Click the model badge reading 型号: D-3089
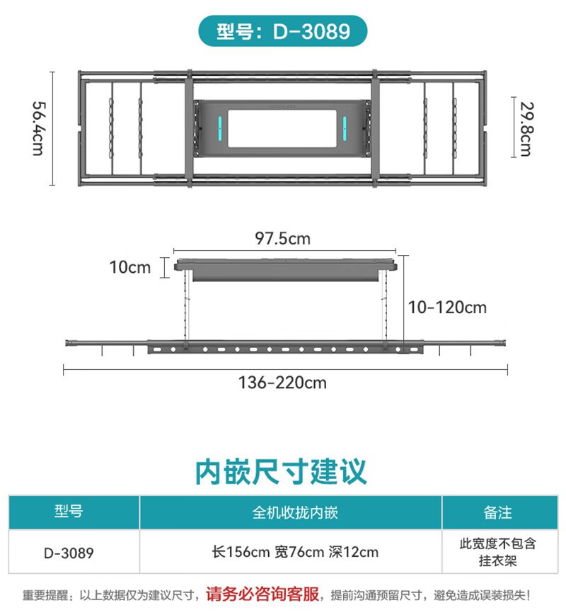point(283,31)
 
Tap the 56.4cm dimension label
point(38,129)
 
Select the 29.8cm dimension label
point(526,129)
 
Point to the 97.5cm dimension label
point(282,239)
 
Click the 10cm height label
point(130,268)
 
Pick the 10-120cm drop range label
point(447,307)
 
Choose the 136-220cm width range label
point(282,383)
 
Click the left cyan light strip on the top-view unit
point(220,128)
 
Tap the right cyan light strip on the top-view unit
point(345,128)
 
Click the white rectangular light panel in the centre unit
point(282,129)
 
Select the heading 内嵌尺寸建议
point(281,471)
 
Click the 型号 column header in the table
point(69,512)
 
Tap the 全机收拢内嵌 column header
point(295,513)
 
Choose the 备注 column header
point(497,513)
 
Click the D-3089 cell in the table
point(69,553)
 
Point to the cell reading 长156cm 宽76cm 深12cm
point(295,552)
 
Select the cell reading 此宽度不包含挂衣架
point(497,552)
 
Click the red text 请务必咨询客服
point(262,594)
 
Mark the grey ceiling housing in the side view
point(286,269)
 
